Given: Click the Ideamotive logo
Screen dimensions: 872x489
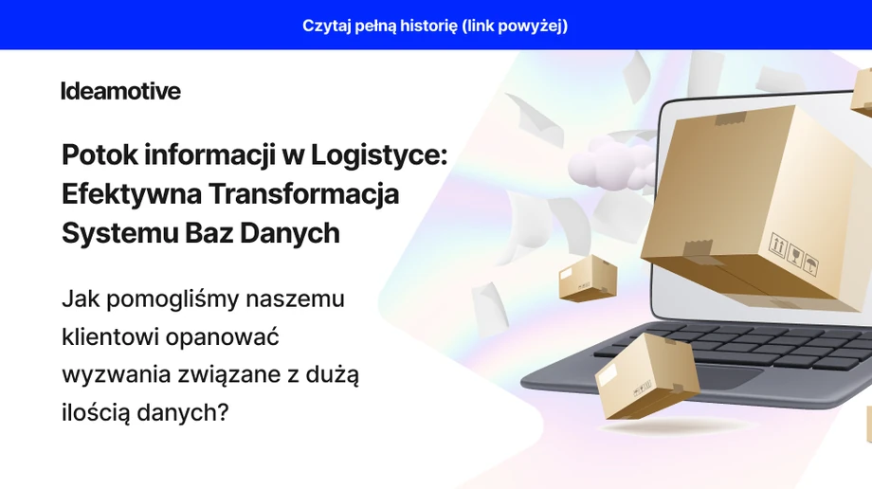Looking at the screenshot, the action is point(120,91).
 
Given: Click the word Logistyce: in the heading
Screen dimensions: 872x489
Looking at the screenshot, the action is point(379,155).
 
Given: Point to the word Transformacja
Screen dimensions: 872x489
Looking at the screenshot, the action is point(304,194).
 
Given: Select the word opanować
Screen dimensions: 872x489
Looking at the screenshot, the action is point(222,337).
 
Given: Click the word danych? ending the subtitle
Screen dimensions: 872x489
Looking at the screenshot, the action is point(182,413).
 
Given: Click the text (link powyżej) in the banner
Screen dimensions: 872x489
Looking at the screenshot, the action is point(515,27).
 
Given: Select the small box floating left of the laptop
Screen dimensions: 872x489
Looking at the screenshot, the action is point(588,279).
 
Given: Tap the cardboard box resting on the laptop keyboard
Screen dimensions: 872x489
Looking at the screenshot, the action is point(645,375).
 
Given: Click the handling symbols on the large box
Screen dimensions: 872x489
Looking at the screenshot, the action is point(793,253).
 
